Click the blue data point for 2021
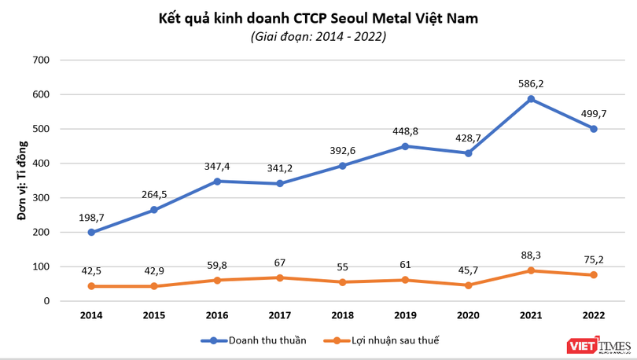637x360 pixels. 531,99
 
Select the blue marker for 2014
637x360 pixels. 91,233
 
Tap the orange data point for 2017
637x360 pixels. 280,277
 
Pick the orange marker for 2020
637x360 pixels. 468,285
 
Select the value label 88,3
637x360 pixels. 531,254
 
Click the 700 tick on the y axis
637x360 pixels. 42,61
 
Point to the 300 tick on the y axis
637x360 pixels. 42,198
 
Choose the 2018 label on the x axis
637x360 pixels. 343,315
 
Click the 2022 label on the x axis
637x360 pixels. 594,315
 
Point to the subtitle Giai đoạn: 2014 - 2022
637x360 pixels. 318,36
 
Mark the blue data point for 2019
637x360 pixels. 406,146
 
